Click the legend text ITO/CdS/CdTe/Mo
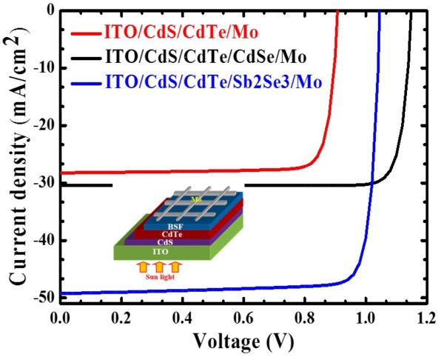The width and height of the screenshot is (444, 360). click(x=174, y=33)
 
